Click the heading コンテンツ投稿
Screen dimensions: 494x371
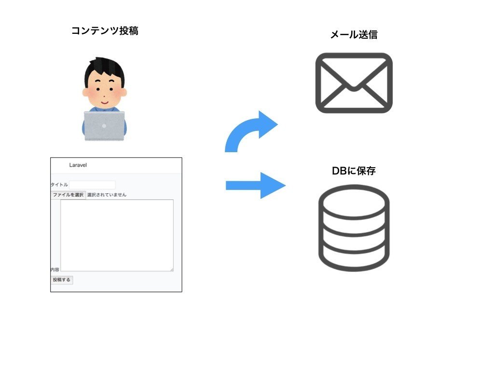(x=104, y=31)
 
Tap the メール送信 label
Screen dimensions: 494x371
(x=354, y=35)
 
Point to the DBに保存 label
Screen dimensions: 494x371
(x=354, y=171)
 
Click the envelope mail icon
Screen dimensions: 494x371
(x=354, y=83)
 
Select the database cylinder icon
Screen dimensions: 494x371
(x=354, y=228)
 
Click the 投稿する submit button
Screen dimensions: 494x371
(x=62, y=280)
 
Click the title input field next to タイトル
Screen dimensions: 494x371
(x=92, y=185)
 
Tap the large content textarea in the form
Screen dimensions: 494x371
(x=117, y=235)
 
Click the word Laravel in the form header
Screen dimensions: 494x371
(x=78, y=165)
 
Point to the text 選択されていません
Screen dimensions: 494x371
(x=107, y=195)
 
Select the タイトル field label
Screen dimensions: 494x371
(x=59, y=185)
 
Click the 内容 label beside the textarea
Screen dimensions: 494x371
(x=55, y=270)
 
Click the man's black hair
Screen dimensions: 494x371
(x=103, y=68)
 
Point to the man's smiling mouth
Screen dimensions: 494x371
(x=105, y=102)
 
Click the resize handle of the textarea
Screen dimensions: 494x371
(x=171, y=269)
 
